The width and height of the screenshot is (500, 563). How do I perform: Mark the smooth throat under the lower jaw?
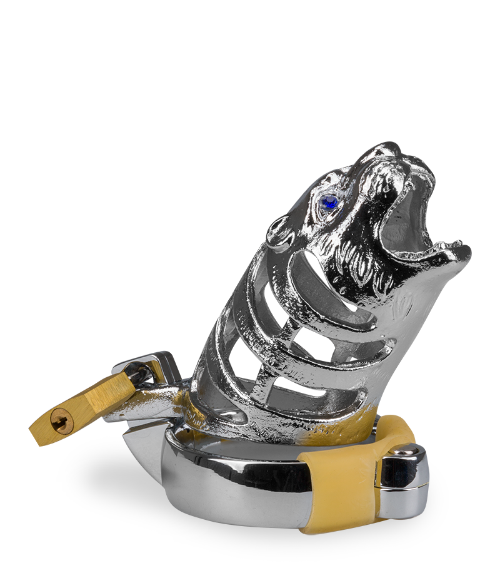pos(412,300)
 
